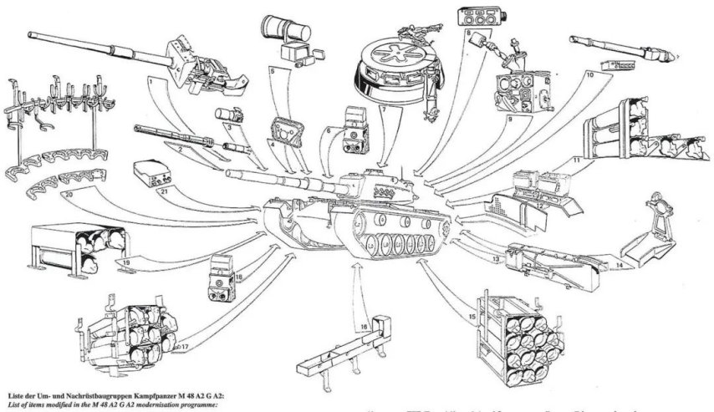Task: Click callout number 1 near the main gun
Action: coord(148,83)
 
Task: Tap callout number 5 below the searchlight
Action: coord(273,72)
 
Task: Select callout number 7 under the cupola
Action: coord(382,109)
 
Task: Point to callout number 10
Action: coord(589,75)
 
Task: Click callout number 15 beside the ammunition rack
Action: coord(473,317)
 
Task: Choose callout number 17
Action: coord(185,346)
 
